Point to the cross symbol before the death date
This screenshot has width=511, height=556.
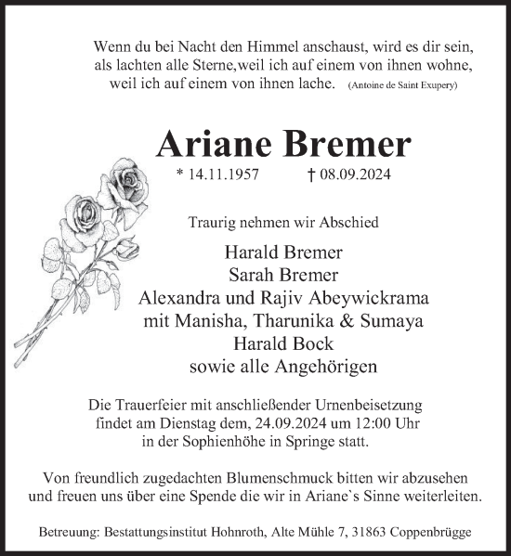[x=334, y=174]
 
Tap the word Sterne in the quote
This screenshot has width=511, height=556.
[x=211, y=66]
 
